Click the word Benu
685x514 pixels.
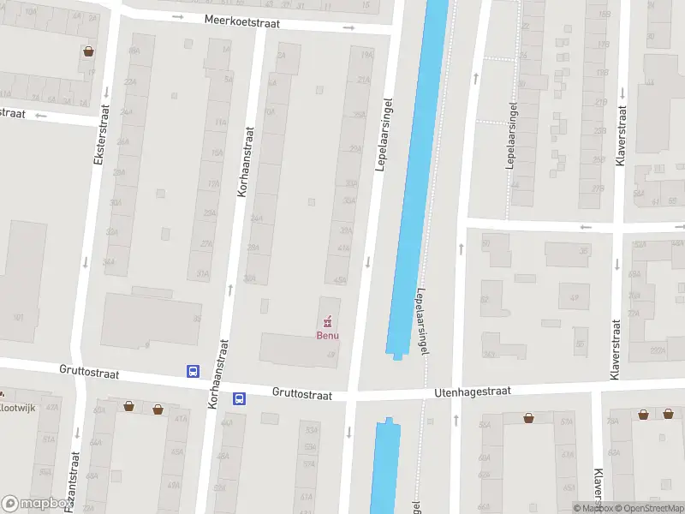pos(327,335)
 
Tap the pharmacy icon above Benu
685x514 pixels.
pos(327,322)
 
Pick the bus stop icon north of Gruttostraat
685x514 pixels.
pos(194,371)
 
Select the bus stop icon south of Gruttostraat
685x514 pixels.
pos(239,398)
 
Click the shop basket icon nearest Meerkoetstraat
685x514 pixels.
pos(89,51)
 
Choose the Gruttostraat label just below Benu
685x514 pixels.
pos(301,394)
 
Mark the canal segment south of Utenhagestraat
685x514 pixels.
pos(385,467)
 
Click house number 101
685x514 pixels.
pos(18,317)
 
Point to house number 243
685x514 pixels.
pos(489,353)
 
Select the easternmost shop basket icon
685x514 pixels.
pos(667,414)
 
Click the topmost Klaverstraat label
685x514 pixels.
pos(622,136)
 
